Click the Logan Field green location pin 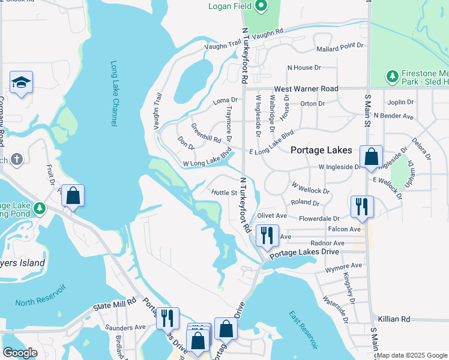(x=261, y=7)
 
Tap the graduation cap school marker (x=21, y=83)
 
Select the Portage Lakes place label (x=321, y=150)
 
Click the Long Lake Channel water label (x=113, y=93)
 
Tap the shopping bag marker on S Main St (x=372, y=157)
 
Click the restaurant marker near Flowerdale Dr (x=362, y=207)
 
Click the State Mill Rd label (x=114, y=306)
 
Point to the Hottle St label (x=224, y=193)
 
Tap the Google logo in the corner (x=20, y=353)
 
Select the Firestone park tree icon (x=392, y=76)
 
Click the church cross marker (x=17, y=160)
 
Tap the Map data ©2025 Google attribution (x=412, y=355)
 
